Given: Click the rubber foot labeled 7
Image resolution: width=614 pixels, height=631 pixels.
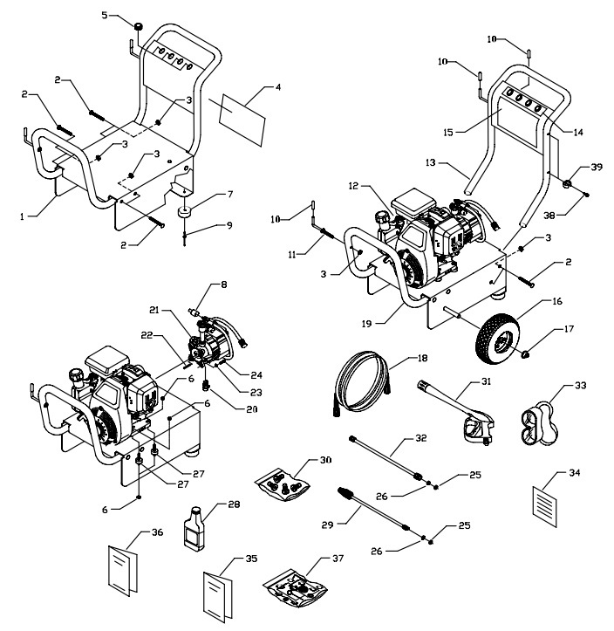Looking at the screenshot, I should [x=184, y=213].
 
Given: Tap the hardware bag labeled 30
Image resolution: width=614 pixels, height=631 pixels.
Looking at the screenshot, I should [x=284, y=482].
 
